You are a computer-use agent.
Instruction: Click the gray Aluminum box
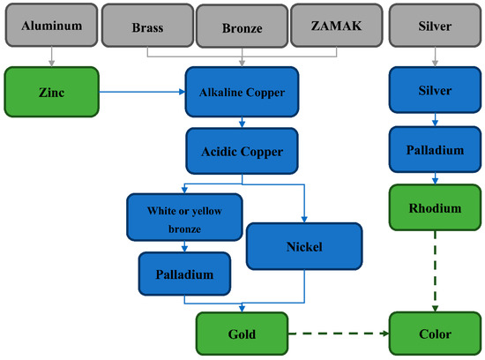[51, 25]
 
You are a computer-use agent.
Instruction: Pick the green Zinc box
[51, 91]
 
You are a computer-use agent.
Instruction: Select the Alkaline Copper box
[242, 91]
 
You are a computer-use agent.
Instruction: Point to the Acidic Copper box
[242, 151]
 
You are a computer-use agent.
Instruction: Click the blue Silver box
[434, 91]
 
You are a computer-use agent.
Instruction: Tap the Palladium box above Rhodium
[434, 150]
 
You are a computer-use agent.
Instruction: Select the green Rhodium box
[434, 208]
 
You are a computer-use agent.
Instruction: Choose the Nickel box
[304, 245]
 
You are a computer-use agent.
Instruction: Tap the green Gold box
[242, 334]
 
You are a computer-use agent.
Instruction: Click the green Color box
[434, 334]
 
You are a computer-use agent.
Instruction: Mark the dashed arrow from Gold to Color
[339, 334]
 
